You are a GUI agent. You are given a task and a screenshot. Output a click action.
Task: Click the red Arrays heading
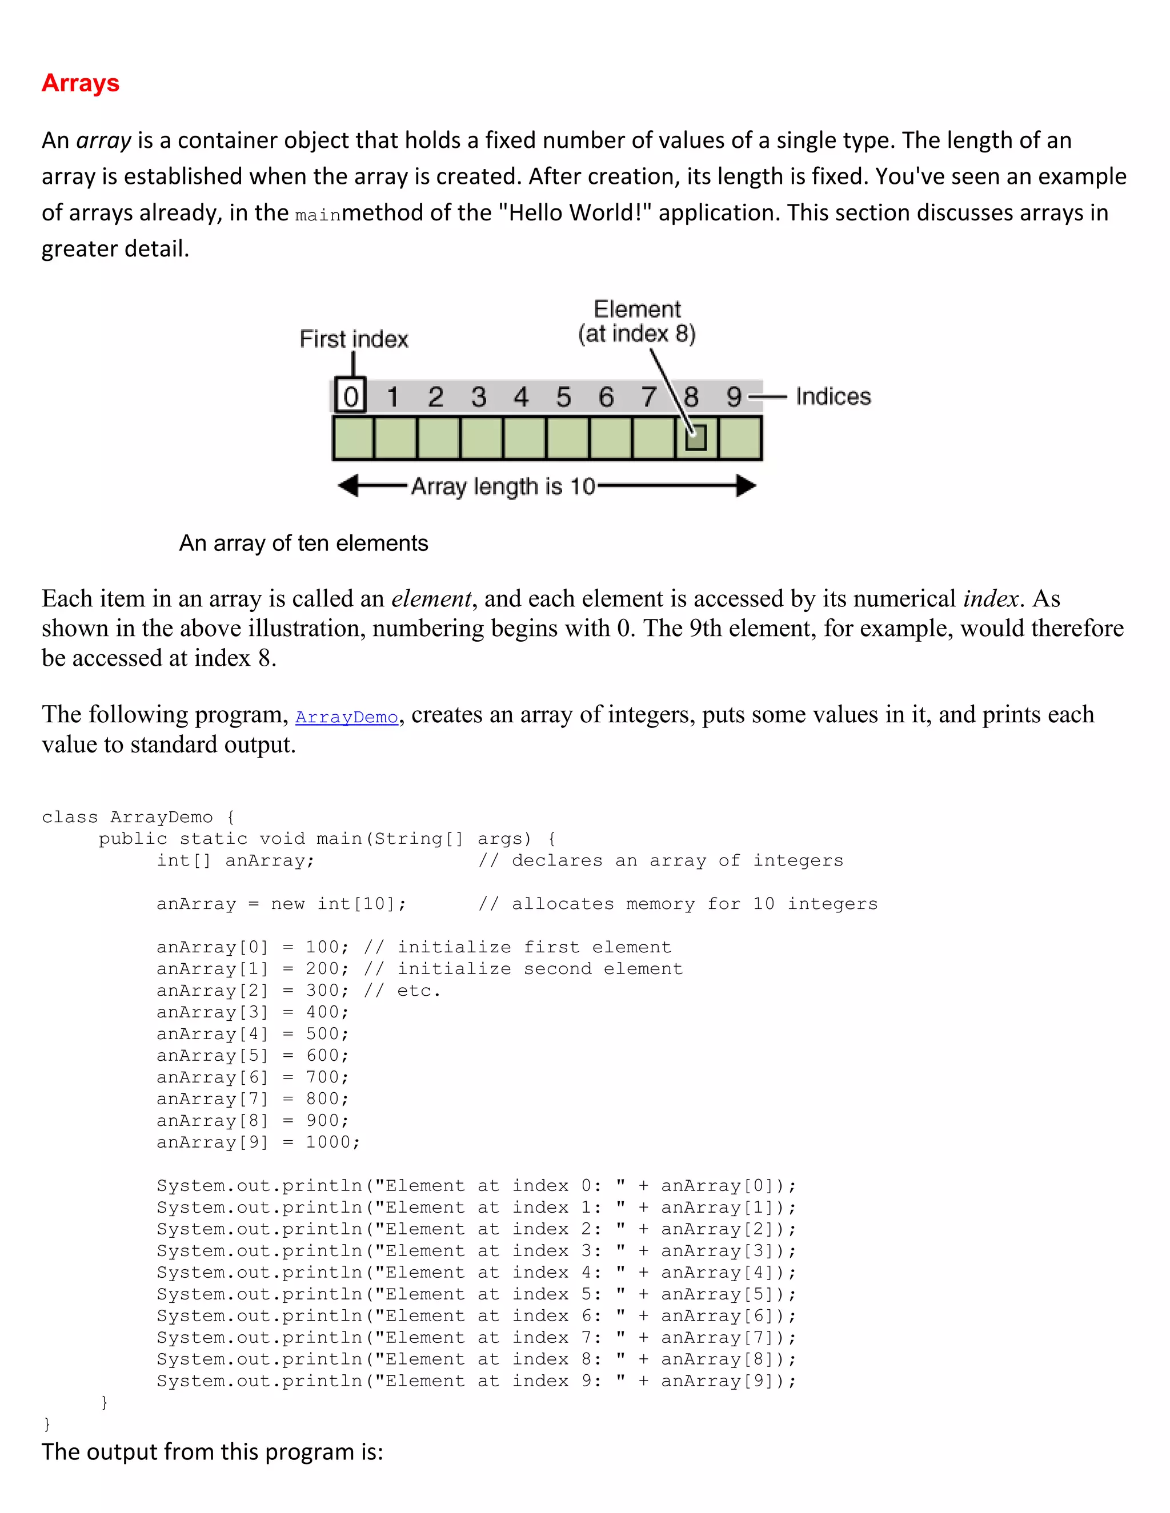point(81,83)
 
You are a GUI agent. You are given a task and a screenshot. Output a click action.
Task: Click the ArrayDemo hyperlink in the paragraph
point(347,717)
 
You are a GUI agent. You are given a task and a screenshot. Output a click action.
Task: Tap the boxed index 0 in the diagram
point(351,396)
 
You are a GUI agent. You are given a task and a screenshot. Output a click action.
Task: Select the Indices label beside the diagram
point(832,396)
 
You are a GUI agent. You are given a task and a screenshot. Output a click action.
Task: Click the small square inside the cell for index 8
point(695,438)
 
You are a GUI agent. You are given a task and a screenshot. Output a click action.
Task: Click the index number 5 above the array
point(563,397)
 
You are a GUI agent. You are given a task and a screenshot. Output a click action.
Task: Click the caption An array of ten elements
point(303,543)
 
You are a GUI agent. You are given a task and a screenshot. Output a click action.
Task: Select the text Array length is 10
point(503,486)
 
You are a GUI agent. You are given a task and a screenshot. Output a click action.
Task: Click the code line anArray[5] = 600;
point(253,1056)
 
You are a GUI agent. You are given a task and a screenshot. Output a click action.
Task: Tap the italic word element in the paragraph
point(431,598)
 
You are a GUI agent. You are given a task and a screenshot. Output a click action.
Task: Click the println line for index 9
point(476,1381)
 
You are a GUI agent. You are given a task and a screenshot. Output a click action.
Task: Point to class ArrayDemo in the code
point(127,818)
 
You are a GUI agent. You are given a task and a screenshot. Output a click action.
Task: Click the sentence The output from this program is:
point(212,1451)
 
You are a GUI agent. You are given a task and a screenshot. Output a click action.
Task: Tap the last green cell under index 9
point(740,438)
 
